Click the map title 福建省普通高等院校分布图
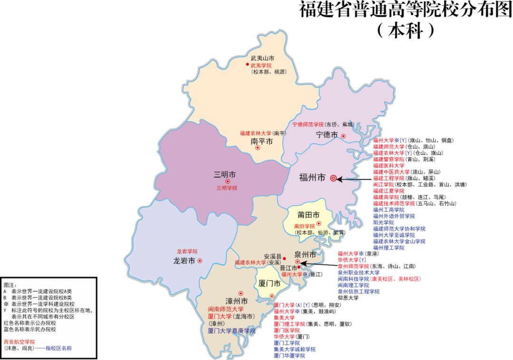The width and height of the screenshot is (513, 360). point(405,10)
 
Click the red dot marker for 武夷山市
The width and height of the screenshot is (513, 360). point(247,65)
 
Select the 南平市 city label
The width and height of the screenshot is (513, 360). point(262,142)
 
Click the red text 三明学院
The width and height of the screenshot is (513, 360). point(227,188)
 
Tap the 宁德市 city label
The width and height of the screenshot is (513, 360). point(327,135)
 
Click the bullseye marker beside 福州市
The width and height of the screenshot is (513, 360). point(333,179)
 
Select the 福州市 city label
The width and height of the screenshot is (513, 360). point(312,178)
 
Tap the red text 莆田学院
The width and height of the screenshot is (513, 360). point(304,226)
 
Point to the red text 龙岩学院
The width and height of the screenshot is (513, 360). point(187,251)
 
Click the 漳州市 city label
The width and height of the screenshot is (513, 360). point(237,302)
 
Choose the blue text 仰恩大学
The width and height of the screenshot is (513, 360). point(348,298)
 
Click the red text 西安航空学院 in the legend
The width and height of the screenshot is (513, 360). point(19,341)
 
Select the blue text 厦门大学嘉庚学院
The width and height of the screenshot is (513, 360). point(232,331)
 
